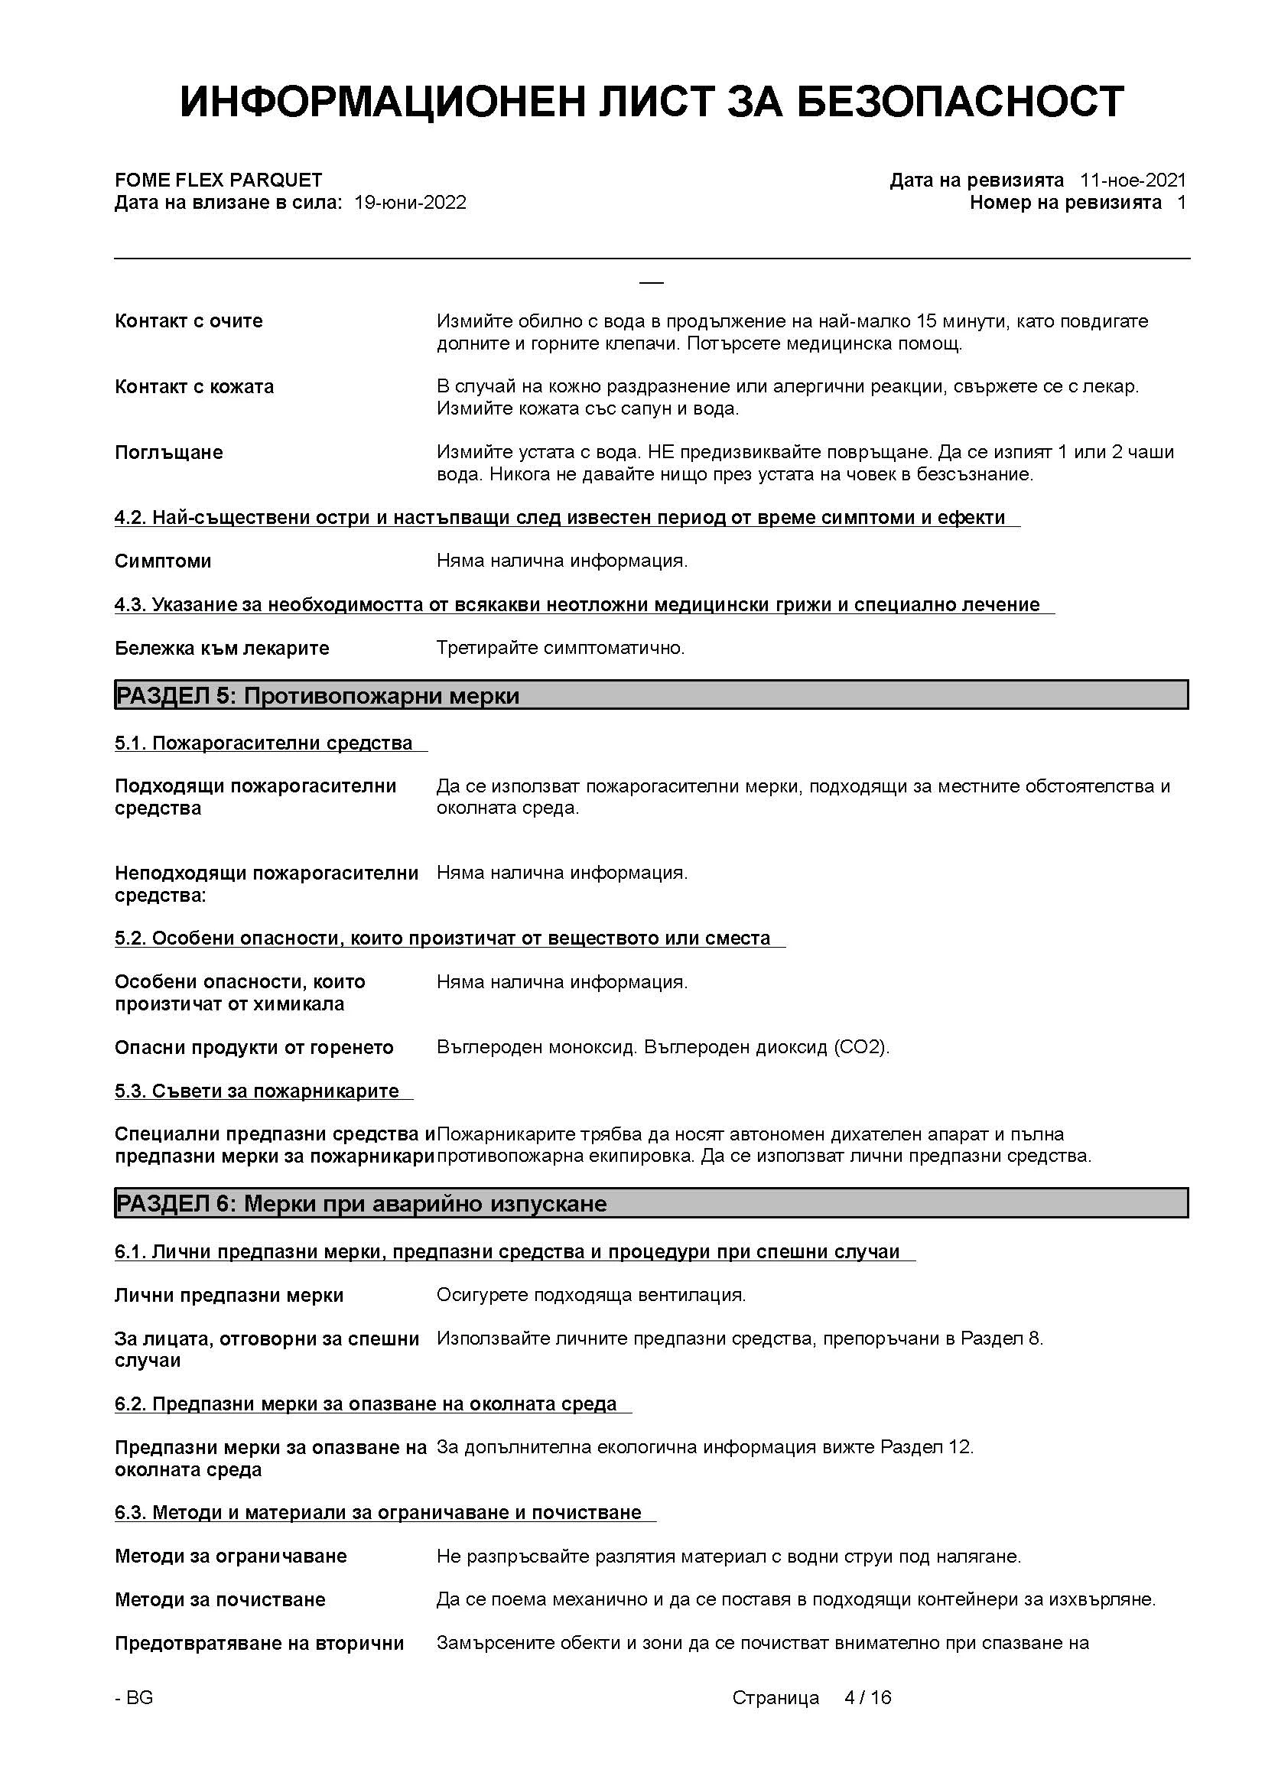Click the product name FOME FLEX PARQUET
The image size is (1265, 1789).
pos(218,180)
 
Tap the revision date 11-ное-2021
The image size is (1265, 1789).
pos(1133,180)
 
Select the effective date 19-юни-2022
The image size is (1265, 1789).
pos(410,203)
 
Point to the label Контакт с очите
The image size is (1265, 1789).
pos(188,321)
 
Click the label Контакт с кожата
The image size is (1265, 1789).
pos(194,386)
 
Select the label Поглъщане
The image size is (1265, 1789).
pos(168,452)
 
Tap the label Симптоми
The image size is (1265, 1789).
pos(163,561)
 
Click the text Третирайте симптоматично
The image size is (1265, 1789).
pos(560,648)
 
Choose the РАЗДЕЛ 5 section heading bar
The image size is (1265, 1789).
pos(650,695)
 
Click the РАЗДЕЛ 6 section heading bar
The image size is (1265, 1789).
pos(650,1204)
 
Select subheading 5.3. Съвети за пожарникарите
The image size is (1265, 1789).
pos(256,1091)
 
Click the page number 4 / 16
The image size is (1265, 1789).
pos(868,1698)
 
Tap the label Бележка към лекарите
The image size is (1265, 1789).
pos(222,649)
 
